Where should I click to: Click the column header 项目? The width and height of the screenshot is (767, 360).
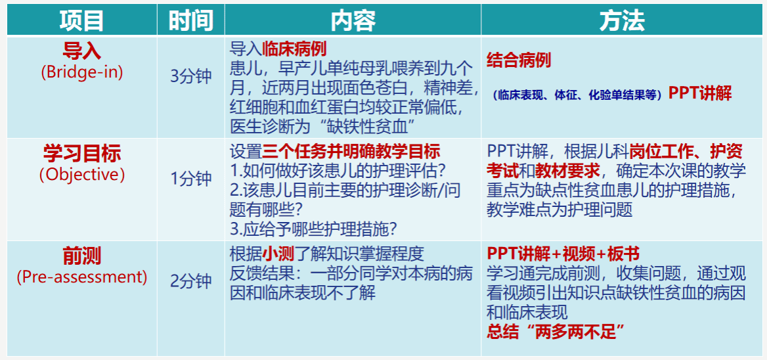81,21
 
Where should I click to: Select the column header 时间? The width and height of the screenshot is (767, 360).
191,21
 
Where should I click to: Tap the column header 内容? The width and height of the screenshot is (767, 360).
353,21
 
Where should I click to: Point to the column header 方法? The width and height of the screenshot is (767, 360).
623,21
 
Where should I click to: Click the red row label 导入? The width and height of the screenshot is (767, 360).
81,51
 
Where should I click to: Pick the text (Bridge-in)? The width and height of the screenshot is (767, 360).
81,72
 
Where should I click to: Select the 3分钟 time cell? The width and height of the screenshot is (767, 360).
191,78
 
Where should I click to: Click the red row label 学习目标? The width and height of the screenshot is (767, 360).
81,154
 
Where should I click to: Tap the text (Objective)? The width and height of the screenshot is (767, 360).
81,175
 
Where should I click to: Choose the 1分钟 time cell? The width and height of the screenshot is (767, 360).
191,179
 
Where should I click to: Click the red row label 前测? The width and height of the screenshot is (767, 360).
81,256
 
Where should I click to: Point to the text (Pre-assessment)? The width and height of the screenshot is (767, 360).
81,277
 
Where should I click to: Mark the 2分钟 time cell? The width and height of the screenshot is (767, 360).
191,282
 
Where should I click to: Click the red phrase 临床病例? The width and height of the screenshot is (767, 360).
294,49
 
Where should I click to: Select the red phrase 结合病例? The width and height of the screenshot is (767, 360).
519,60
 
